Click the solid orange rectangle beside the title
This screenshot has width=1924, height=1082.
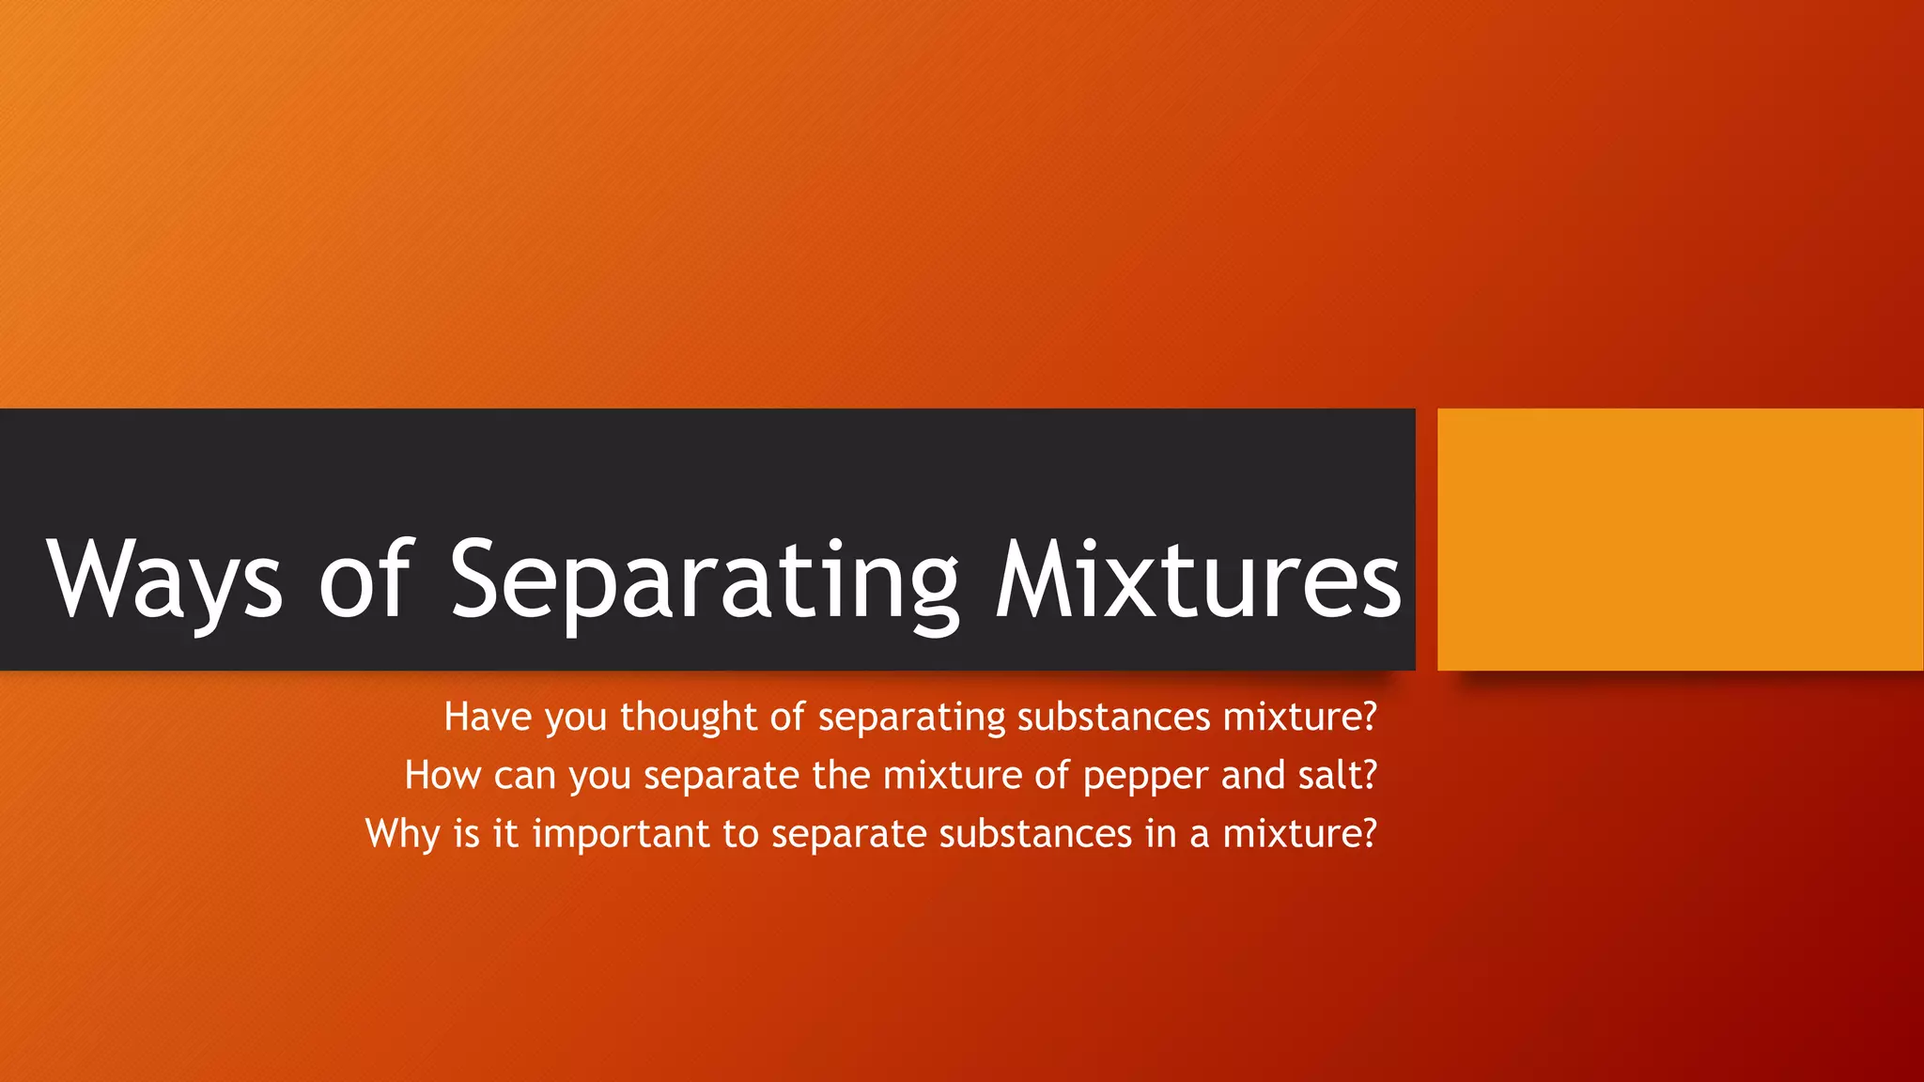[1680, 539]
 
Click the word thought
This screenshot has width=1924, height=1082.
[688, 717]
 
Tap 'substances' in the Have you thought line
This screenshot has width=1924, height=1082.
[1113, 717]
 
